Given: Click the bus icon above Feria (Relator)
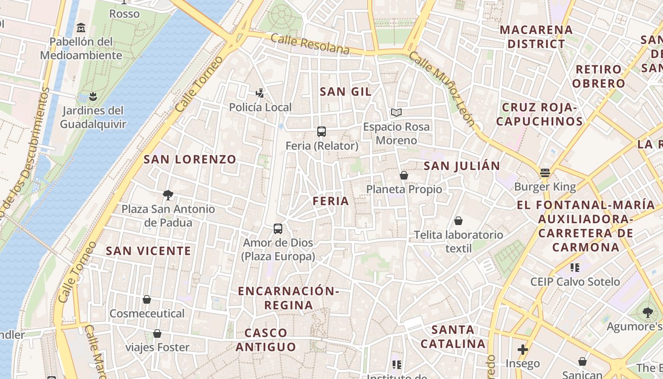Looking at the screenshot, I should (x=322, y=131).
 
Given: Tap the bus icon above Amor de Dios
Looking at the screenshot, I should (x=278, y=228).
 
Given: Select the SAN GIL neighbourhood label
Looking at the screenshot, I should (x=345, y=91).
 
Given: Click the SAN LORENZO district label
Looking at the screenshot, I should (x=190, y=159).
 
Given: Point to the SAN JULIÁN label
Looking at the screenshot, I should (x=462, y=166).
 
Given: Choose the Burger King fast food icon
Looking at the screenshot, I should (x=545, y=173).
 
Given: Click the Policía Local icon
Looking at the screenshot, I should (x=260, y=93).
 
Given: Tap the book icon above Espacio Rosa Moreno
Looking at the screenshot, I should (x=396, y=113).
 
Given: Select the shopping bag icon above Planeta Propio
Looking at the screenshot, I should (x=404, y=175).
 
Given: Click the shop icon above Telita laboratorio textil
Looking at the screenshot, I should (x=458, y=221).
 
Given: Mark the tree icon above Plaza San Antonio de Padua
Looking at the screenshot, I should (x=168, y=195).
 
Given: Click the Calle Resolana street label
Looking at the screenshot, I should (x=311, y=44).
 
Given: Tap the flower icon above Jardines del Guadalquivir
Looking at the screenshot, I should (x=93, y=97).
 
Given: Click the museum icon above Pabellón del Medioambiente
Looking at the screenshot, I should (x=81, y=27).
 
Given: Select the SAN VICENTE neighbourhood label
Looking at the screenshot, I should (x=148, y=251).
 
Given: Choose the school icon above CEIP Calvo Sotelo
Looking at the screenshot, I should (x=575, y=268).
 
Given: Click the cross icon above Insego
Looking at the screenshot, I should (x=523, y=350).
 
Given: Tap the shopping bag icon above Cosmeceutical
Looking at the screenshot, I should (x=147, y=299).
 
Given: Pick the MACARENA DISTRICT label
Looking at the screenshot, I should (x=536, y=36).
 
